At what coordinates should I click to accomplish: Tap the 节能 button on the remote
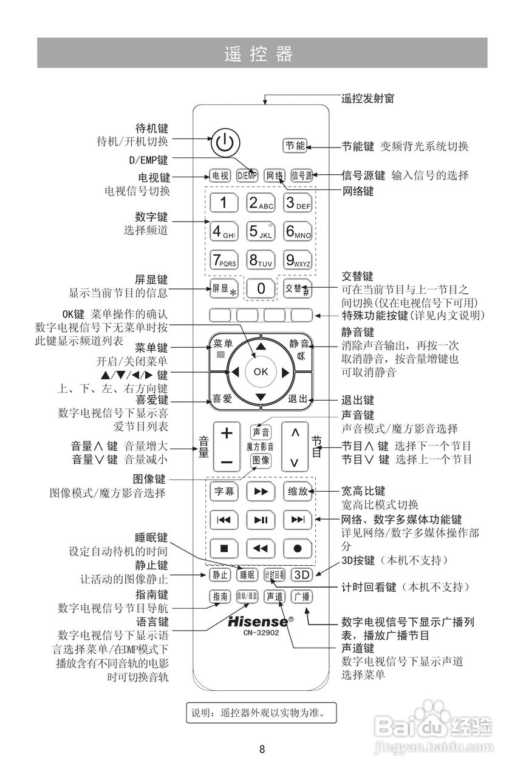(x=296, y=145)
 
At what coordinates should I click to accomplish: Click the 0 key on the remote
(x=261, y=289)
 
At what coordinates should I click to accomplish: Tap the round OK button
(x=261, y=372)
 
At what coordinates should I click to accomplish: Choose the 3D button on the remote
(x=301, y=574)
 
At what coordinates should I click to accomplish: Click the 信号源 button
(x=301, y=175)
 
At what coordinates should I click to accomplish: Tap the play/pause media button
(x=261, y=520)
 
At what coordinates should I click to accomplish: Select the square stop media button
(x=224, y=548)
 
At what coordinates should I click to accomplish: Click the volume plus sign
(x=227, y=433)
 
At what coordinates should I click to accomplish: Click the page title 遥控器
(x=258, y=54)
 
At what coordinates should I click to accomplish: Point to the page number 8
(x=262, y=748)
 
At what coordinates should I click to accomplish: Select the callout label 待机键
(x=151, y=128)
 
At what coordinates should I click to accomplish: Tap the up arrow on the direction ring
(x=261, y=345)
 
